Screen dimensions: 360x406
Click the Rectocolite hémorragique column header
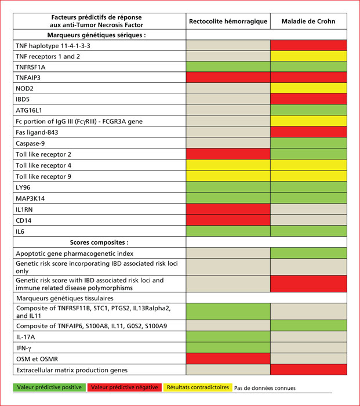click(x=228, y=21)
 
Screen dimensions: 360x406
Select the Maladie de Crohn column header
click(x=308, y=21)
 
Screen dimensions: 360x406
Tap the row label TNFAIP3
click(x=28, y=78)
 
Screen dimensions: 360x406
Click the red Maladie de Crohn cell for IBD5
click(x=308, y=99)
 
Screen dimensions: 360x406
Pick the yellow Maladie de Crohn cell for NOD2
click(x=308, y=88)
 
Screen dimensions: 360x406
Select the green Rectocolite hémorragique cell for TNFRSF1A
click(x=228, y=67)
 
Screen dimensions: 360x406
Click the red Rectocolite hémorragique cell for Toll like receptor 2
click(x=228, y=154)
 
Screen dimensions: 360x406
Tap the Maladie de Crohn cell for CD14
click(x=308, y=220)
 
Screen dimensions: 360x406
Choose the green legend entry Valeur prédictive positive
click(x=49, y=387)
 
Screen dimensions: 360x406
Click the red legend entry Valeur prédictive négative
click(x=125, y=387)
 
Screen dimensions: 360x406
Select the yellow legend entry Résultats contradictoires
click(x=198, y=387)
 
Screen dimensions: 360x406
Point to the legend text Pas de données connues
click(x=265, y=388)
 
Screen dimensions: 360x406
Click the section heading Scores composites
click(x=99, y=242)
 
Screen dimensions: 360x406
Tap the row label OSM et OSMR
click(x=37, y=359)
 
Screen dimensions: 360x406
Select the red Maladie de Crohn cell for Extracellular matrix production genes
click(x=308, y=369)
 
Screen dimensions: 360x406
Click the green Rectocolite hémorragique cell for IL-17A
click(x=228, y=336)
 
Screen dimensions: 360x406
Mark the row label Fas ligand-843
click(x=37, y=132)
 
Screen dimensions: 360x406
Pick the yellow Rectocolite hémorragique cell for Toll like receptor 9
click(x=228, y=176)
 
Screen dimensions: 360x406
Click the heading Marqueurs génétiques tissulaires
click(x=65, y=298)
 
